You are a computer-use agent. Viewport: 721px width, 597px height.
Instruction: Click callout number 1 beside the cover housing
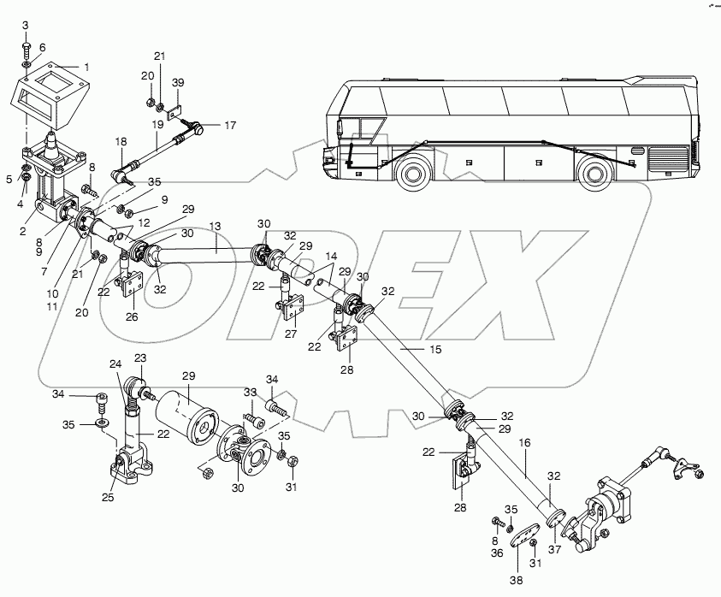point(85,66)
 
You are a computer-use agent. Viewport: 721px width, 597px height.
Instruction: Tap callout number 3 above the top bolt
point(24,23)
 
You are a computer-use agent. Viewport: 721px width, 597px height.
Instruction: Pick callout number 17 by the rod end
point(229,126)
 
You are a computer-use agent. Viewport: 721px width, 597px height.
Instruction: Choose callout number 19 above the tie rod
point(157,124)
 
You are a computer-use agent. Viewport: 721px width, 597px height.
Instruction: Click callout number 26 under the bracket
point(131,317)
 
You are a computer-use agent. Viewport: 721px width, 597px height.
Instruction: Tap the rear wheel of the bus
point(595,175)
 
